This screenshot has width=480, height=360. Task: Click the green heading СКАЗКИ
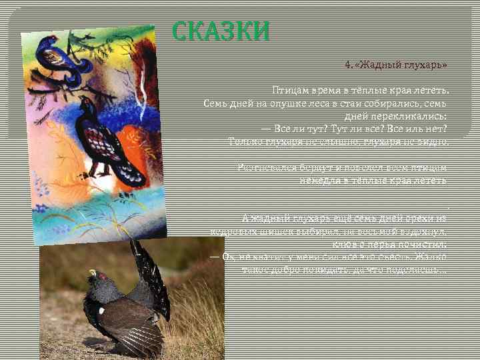pos(221,31)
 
